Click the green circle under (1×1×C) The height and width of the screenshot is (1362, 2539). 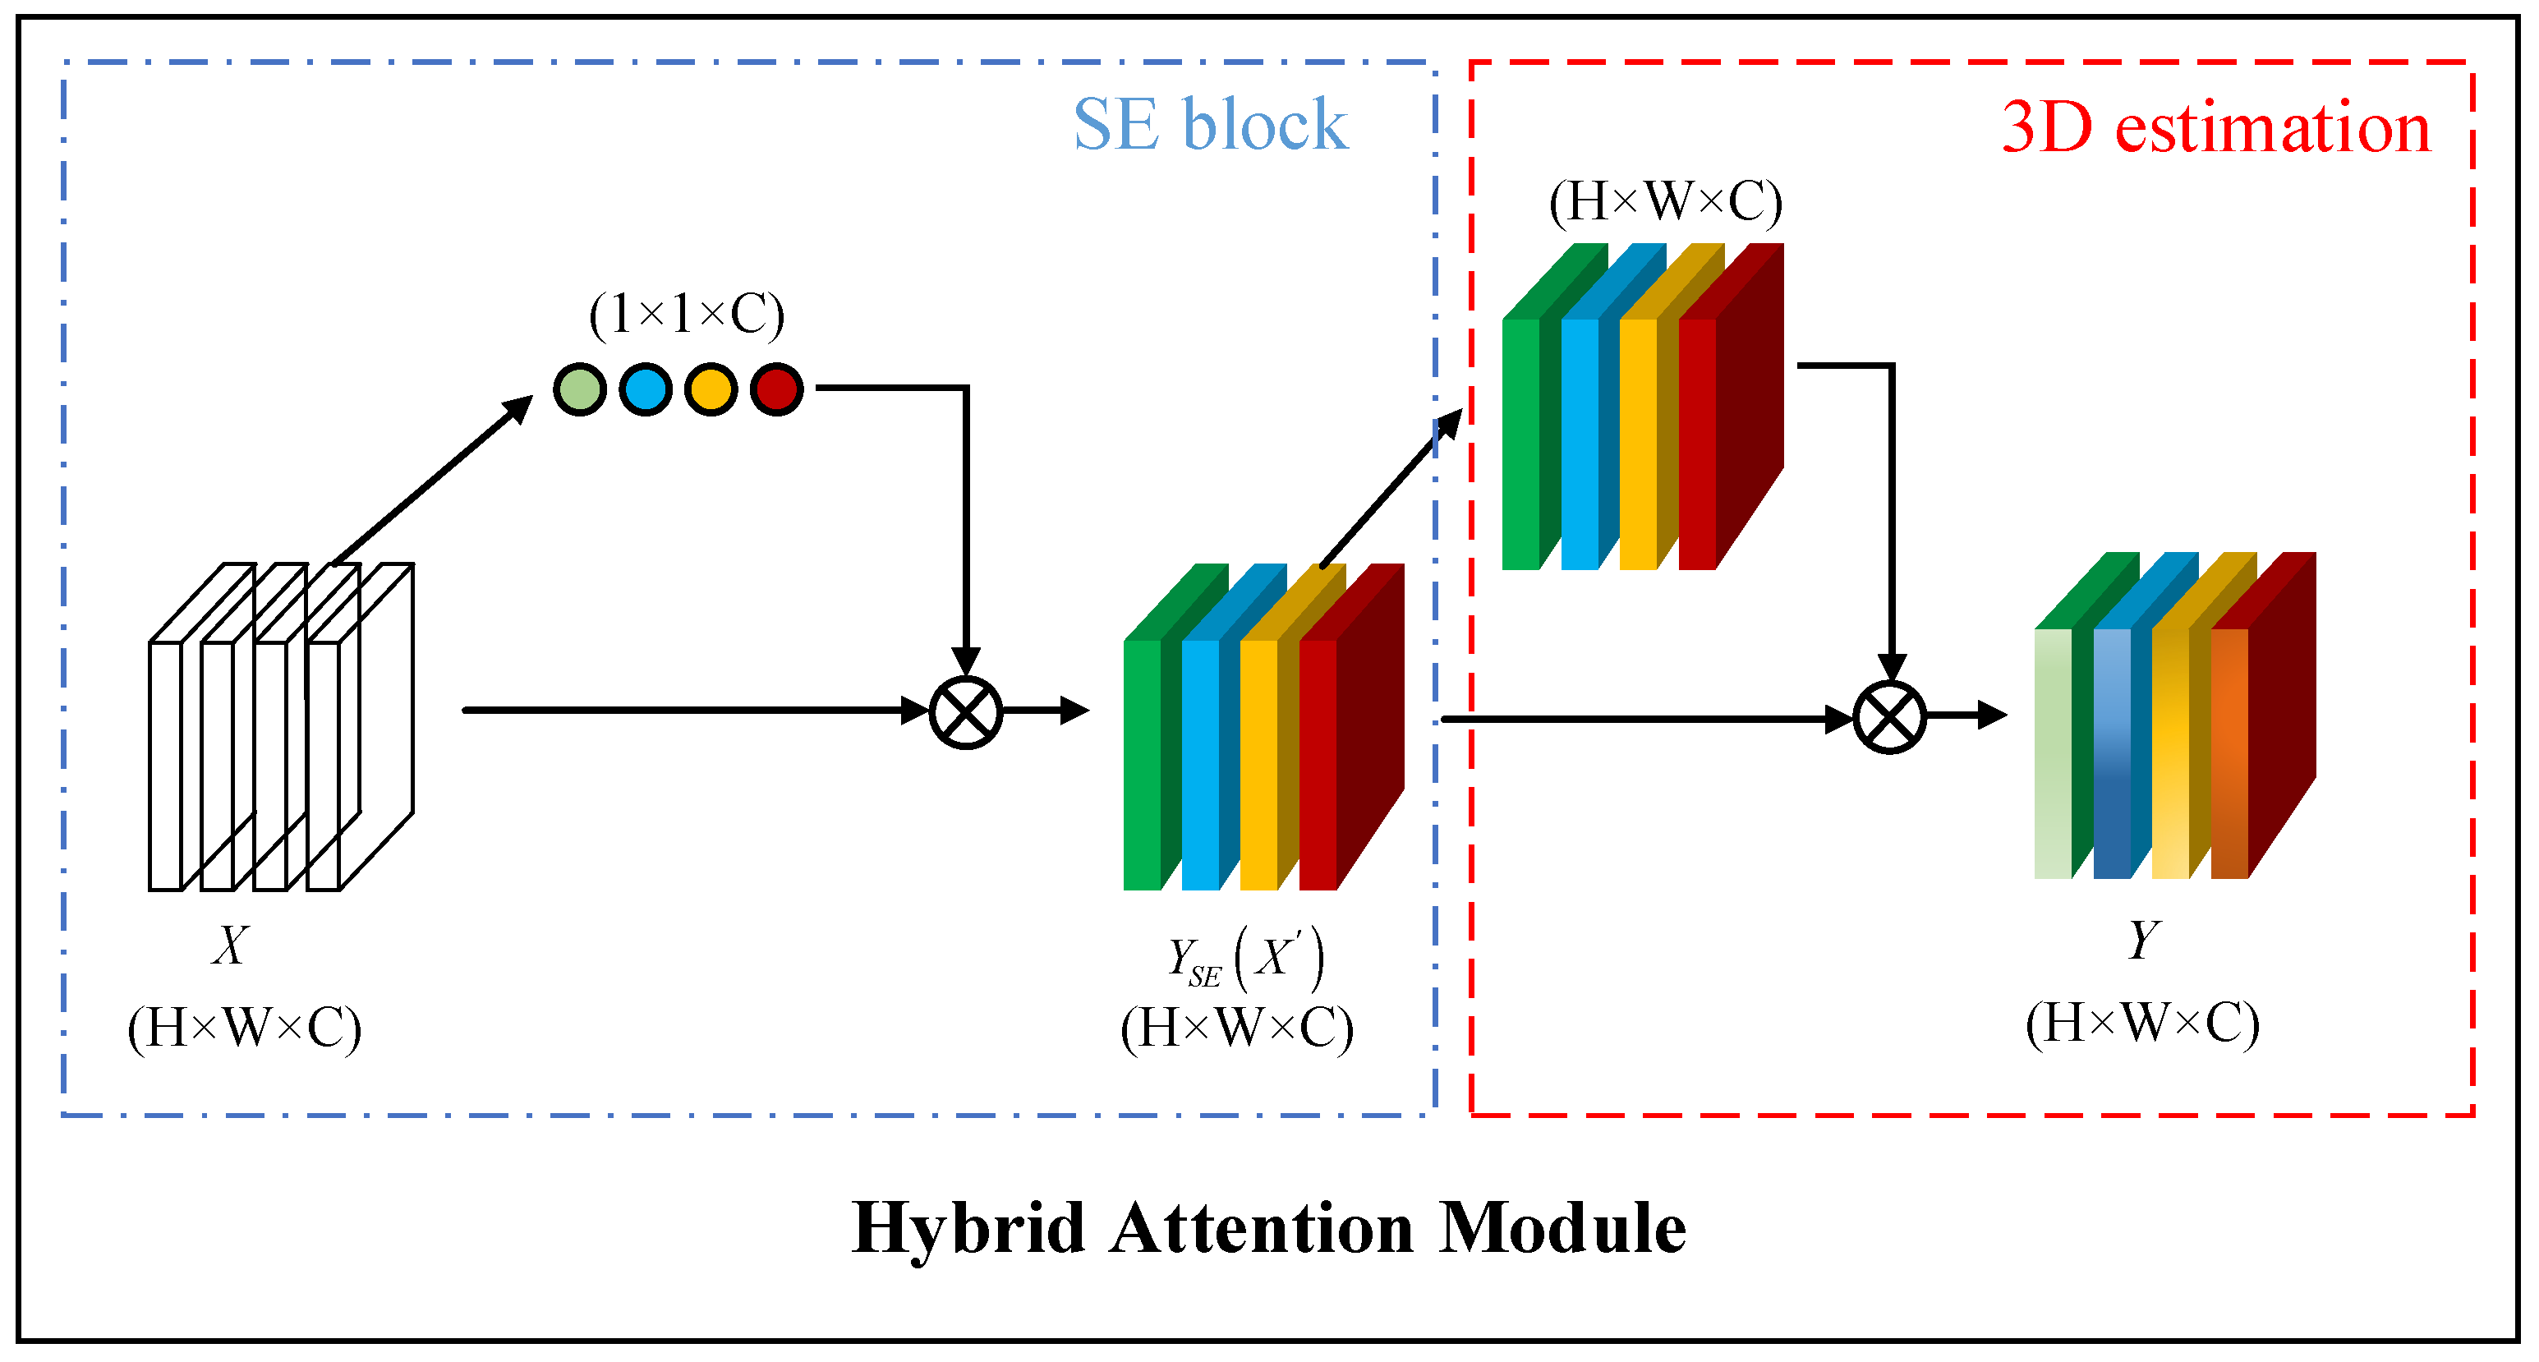click(580, 389)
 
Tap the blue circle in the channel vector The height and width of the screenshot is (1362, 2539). click(646, 389)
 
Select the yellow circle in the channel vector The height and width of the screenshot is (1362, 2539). click(711, 389)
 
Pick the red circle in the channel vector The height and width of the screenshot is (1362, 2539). click(777, 389)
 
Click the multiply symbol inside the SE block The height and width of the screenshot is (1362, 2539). click(966, 712)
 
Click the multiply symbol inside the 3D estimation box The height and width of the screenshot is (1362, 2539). click(1889, 717)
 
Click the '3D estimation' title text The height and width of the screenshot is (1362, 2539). click(2215, 128)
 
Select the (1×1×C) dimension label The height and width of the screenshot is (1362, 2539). click(687, 315)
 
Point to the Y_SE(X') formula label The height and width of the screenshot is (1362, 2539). click(1246, 959)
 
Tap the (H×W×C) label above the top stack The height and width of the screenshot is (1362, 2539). click(1666, 202)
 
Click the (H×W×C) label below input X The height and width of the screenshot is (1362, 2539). click(245, 1028)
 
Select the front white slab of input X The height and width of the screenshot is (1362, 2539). click(166, 766)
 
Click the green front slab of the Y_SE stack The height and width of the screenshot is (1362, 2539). click(1143, 766)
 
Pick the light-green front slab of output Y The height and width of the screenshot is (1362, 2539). click(2053, 754)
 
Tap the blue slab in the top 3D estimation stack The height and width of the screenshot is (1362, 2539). click(1580, 444)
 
